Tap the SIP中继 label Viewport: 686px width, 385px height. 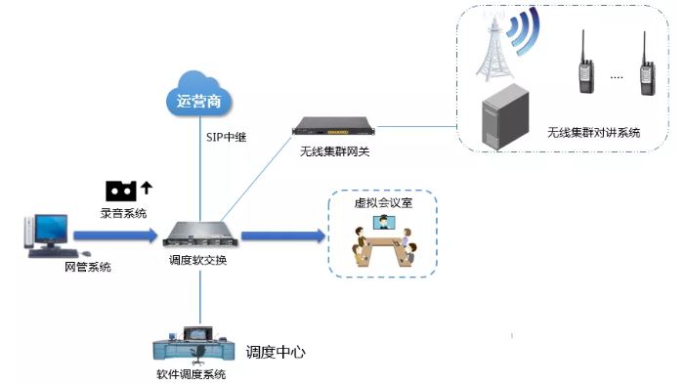(x=225, y=137)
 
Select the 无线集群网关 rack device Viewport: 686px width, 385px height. (x=334, y=127)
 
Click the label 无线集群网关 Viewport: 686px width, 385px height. (x=334, y=151)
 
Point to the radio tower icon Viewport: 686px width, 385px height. (x=490, y=50)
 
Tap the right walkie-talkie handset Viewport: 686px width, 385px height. (x=646, y=68)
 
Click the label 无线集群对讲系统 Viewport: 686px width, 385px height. (x=594, y=132)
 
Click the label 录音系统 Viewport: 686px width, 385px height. (x=123, y=211)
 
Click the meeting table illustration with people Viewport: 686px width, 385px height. (x=383, y=245)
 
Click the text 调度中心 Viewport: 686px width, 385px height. (x=276, y=352)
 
